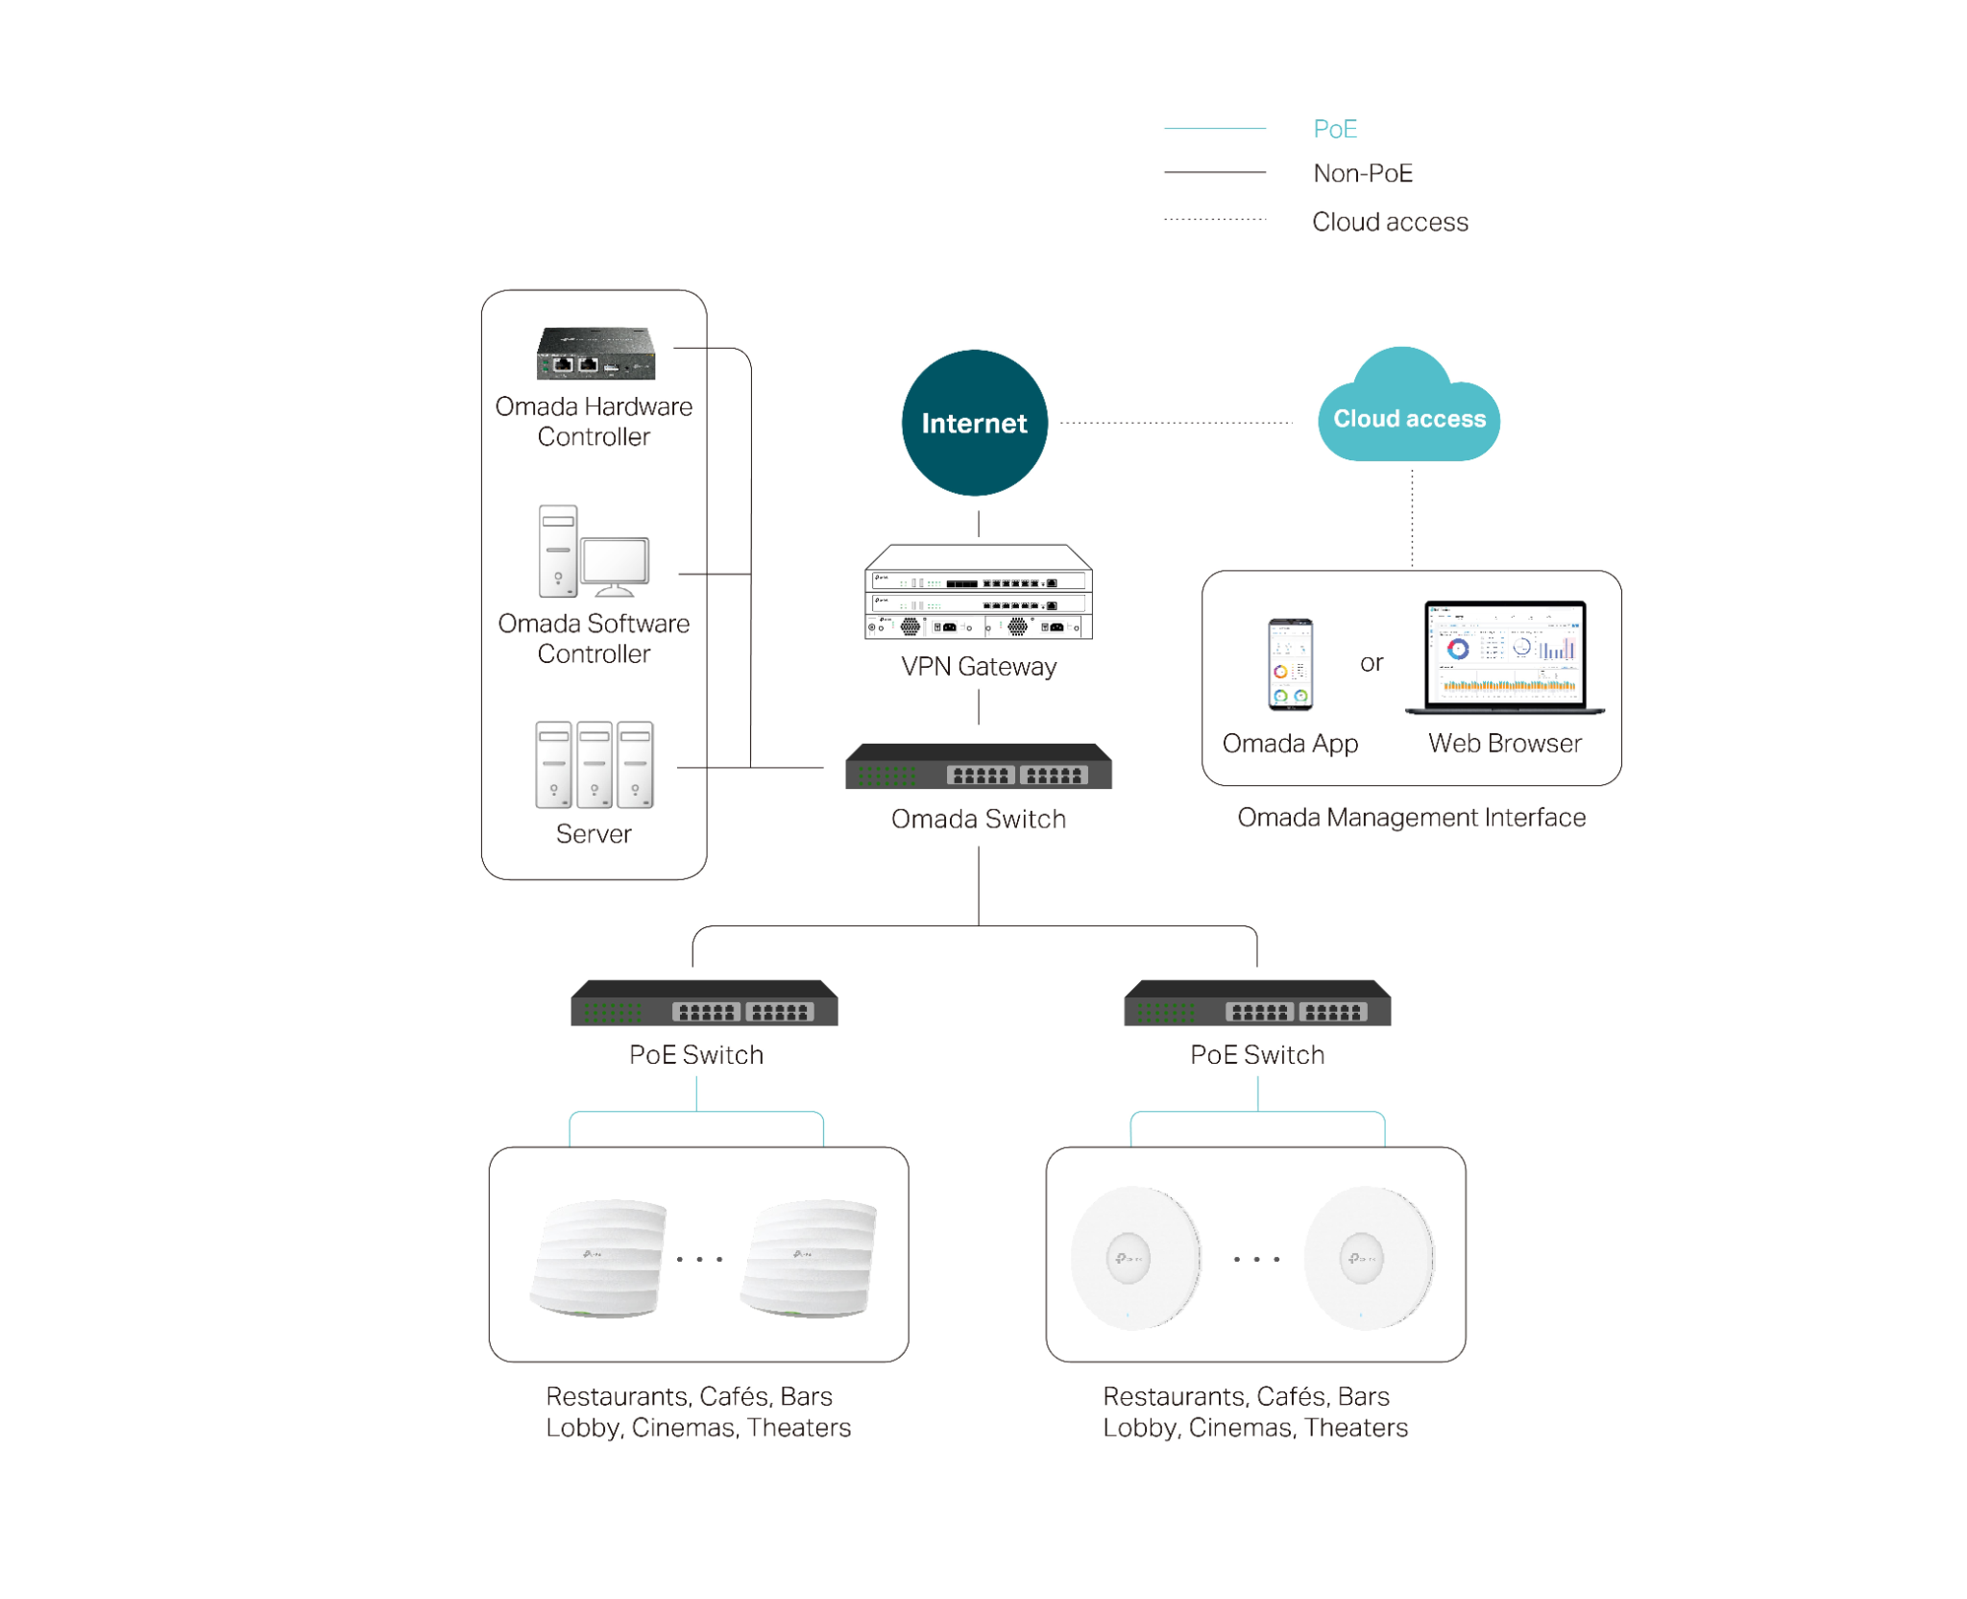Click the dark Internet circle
coord(974,422)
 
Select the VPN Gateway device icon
coord(978,591)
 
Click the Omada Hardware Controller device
coord(595,353)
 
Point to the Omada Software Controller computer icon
coord(594,551)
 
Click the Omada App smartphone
coord(1289,664)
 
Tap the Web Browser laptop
coord(1504,657)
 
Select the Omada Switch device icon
coord(978,766)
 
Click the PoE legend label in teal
coord(1335,129)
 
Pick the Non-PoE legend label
coord(1363,173)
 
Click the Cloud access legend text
coord(1390,222)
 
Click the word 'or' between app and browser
coord(1372,663)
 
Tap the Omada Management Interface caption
coord(1411,817)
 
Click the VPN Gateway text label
coord(979,666)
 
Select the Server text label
coord(594,833)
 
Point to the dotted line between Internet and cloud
coord(1177,422)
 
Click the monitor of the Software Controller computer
coord(615,566)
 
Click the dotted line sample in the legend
coord(1215,219)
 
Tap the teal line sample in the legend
coord(1215,128)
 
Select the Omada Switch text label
coord(978,819)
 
